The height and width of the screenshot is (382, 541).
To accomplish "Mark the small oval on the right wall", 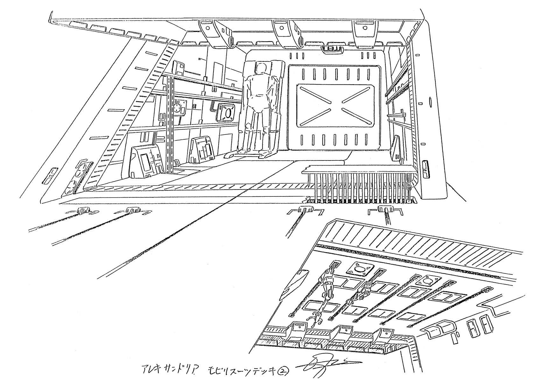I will tap(430, 103).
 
